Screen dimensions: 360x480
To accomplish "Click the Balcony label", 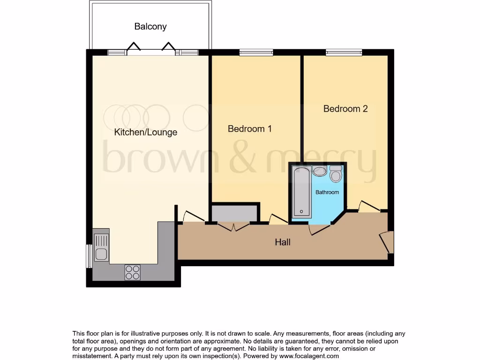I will click(150, 27).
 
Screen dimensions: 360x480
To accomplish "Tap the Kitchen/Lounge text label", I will click(146, 133).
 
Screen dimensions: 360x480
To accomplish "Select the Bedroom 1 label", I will click(249, 128).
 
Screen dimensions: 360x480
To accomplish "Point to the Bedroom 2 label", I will click(345, 109).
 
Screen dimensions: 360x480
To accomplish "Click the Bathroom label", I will click(327, 192).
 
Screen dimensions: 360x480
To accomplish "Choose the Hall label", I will click(283, 242).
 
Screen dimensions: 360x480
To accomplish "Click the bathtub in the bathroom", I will click(301, 192).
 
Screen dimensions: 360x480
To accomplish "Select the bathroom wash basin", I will click(320, 172).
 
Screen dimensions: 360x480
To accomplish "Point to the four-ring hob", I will click(133, 272).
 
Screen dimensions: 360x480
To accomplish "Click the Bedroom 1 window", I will click(256, 52).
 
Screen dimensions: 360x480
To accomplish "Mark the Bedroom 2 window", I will click(344, 52).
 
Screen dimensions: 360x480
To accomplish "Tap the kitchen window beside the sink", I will click(89, 256).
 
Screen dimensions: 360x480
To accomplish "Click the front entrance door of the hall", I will click(387, 241).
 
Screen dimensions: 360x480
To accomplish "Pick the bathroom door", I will click(320, 229).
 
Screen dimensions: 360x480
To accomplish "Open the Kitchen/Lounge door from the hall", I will click(193, 217).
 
